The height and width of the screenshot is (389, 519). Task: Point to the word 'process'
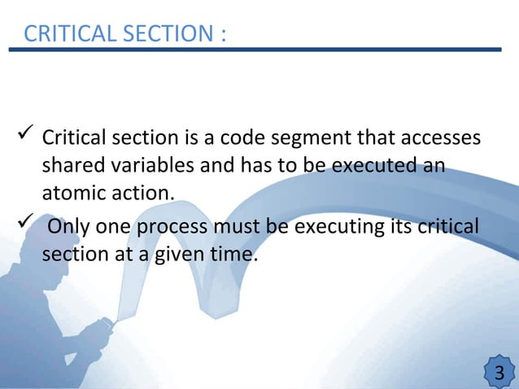pos(168,225)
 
